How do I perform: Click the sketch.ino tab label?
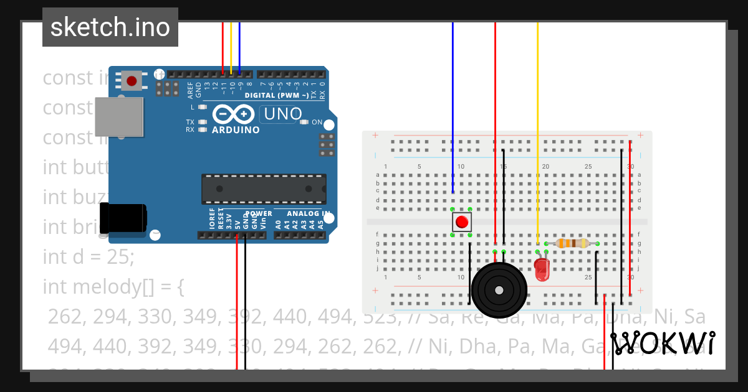110,27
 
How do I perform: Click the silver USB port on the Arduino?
118,116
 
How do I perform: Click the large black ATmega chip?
263,189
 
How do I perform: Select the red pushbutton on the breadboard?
461,222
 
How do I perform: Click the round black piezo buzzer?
499,290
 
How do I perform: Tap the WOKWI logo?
663,343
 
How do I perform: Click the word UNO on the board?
282,114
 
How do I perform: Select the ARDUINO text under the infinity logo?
236,130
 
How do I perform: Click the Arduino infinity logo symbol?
233,114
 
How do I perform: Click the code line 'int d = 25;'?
88,256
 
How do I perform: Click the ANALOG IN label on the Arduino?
304,213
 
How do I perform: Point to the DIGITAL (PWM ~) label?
276,96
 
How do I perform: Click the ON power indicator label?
317,122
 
